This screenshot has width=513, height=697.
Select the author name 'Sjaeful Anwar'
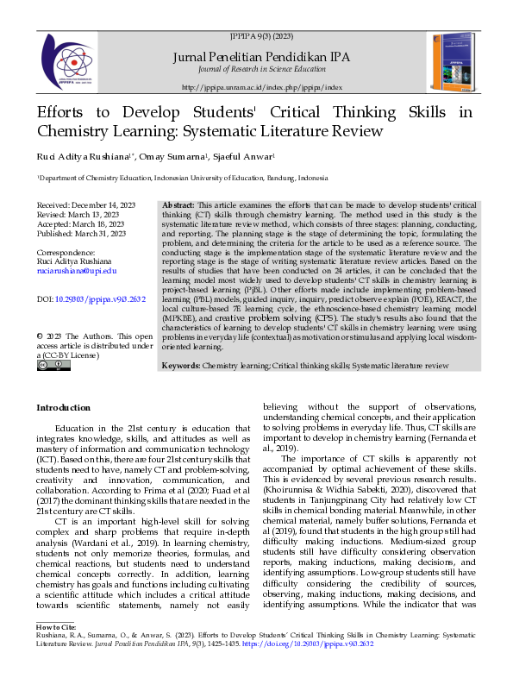(244, 157)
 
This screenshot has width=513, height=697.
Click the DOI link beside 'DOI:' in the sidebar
(100, 299)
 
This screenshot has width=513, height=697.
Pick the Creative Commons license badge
(53, 366)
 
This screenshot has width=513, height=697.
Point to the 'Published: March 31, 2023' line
(81, 233)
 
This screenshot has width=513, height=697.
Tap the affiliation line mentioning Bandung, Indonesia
(170, 179)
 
